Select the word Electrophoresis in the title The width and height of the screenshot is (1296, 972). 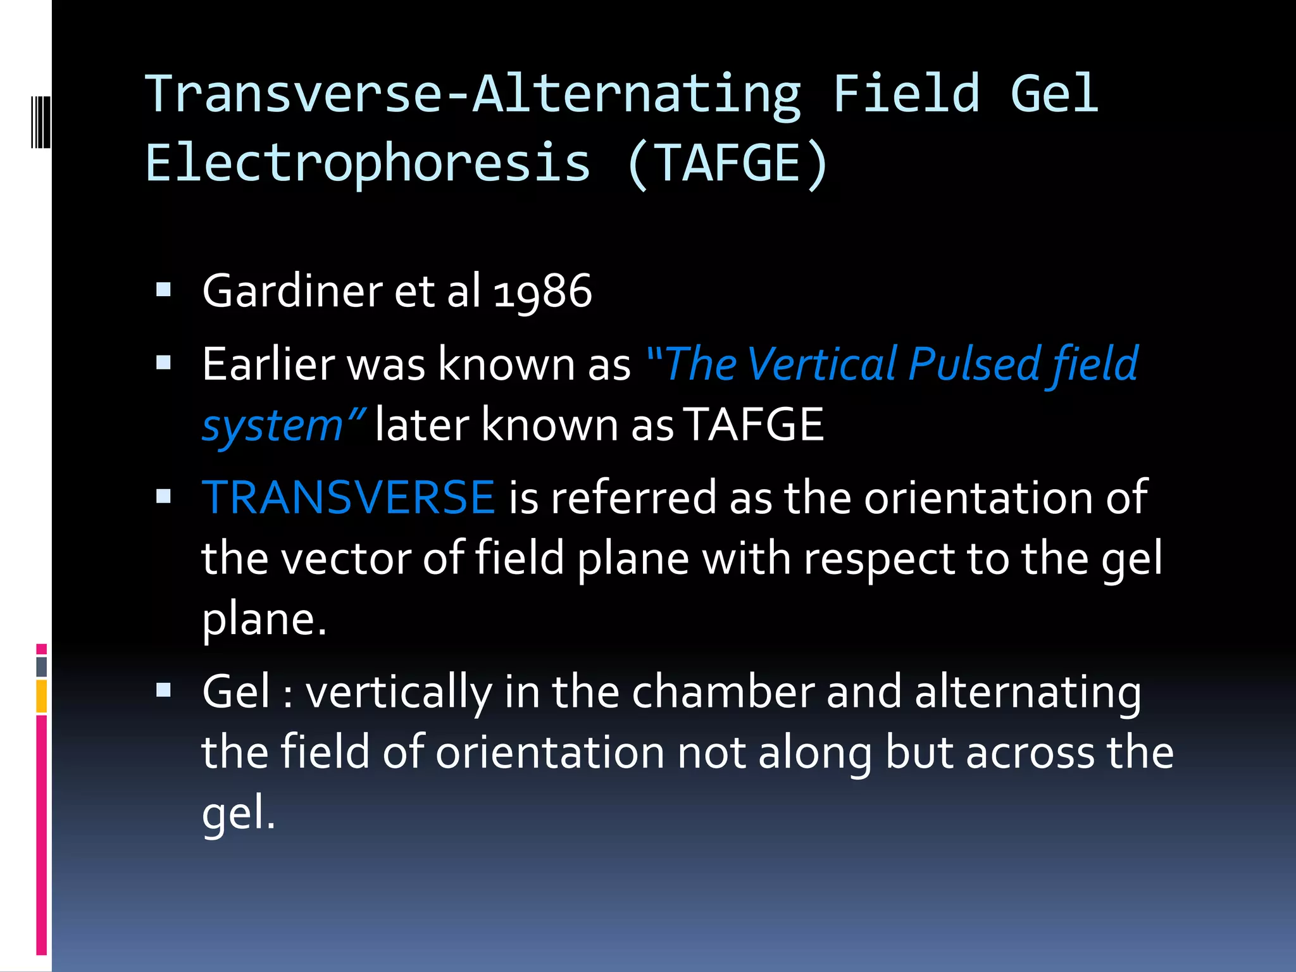pos(368,163)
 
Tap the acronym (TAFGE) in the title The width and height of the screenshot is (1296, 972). pos(727,163)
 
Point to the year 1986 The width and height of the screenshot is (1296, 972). pos(542,292)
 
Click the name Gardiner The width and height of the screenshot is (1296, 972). pos(292,292)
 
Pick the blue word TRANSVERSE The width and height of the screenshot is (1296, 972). pos(348,497)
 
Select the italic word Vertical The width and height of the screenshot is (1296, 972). pos(822,364)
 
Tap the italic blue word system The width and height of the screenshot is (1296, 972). pos(272,427)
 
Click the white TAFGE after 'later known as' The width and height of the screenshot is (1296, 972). pos(754,425)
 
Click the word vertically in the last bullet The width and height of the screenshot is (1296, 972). pos(399,692)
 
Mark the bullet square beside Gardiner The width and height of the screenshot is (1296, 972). pos(164,290)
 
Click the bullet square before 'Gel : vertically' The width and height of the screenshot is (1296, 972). pos(164,690)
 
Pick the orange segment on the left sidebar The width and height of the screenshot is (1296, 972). pos(42,696)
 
